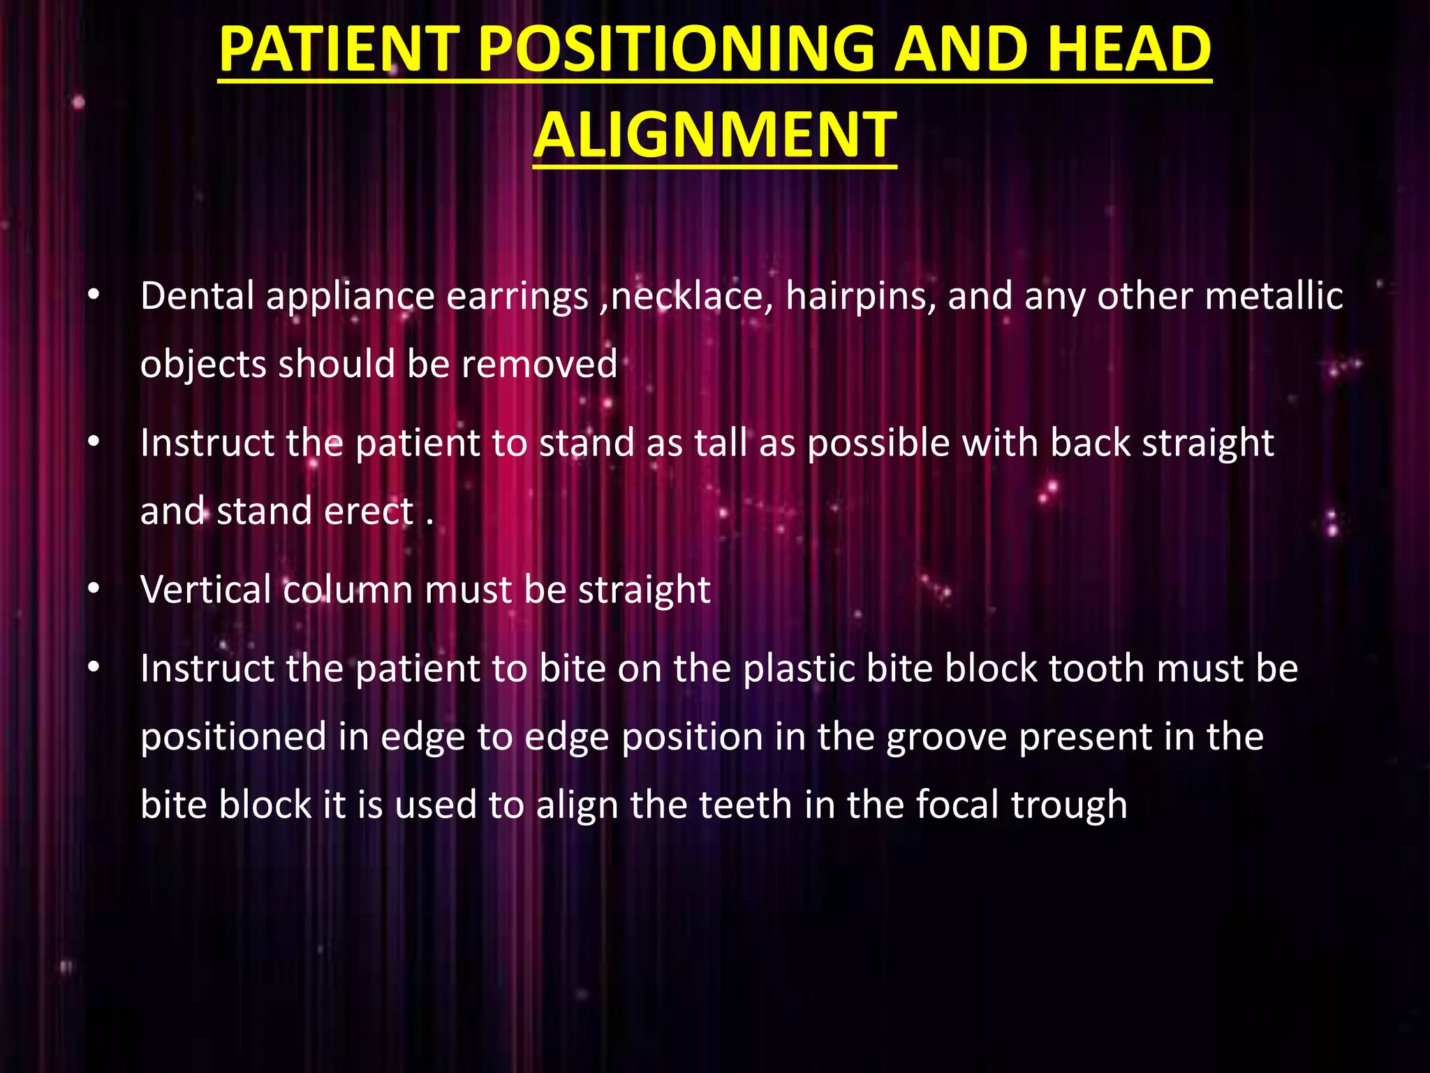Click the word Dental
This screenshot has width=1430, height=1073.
pyautogui.click(x=197, y=296)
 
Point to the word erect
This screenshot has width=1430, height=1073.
pyautogui.click(x=369, y=511)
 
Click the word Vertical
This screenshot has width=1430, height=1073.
pyautogui.click(x=205, y=590)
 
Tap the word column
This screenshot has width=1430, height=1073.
pyautogui.click(x=348, y=590)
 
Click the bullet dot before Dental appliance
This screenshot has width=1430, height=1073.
pyautogui.click(x=94, y=297)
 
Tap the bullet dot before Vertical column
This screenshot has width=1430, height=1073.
pyautogui.click(x=94, y=590)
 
